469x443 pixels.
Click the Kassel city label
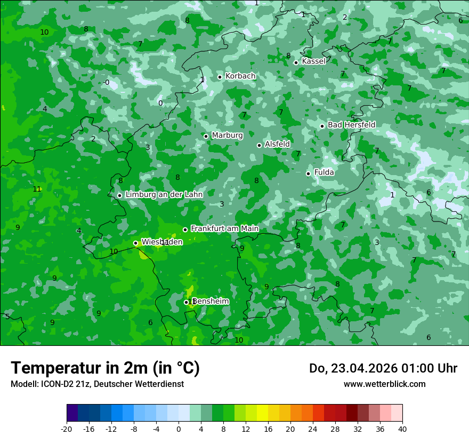[x=313, y=61]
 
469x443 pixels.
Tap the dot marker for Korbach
[x=220, y=77]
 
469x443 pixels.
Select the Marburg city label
[x=227, y=136]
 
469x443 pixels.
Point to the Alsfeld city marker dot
[x=260, y=145]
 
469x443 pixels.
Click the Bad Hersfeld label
[x=351, y=125]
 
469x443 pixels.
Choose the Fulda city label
[x=324, y=172]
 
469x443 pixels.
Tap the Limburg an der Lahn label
[x=164, y=195]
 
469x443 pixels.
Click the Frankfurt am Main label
[x=224, y=228]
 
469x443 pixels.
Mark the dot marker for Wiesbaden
[x=136, y=243]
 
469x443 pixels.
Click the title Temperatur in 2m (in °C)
[x=105, y=368]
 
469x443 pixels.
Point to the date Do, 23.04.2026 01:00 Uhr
[x=383, y=368]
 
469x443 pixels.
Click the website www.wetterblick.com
[x=384, y=384]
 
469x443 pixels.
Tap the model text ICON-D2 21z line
[x=97, y=384]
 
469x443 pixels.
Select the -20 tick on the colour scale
[x=67, y=429]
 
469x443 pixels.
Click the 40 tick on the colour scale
[x=402, y=429]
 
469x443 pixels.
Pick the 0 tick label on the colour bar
[x=179, y=429]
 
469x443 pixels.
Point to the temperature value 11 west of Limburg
[x=37, y=189]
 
